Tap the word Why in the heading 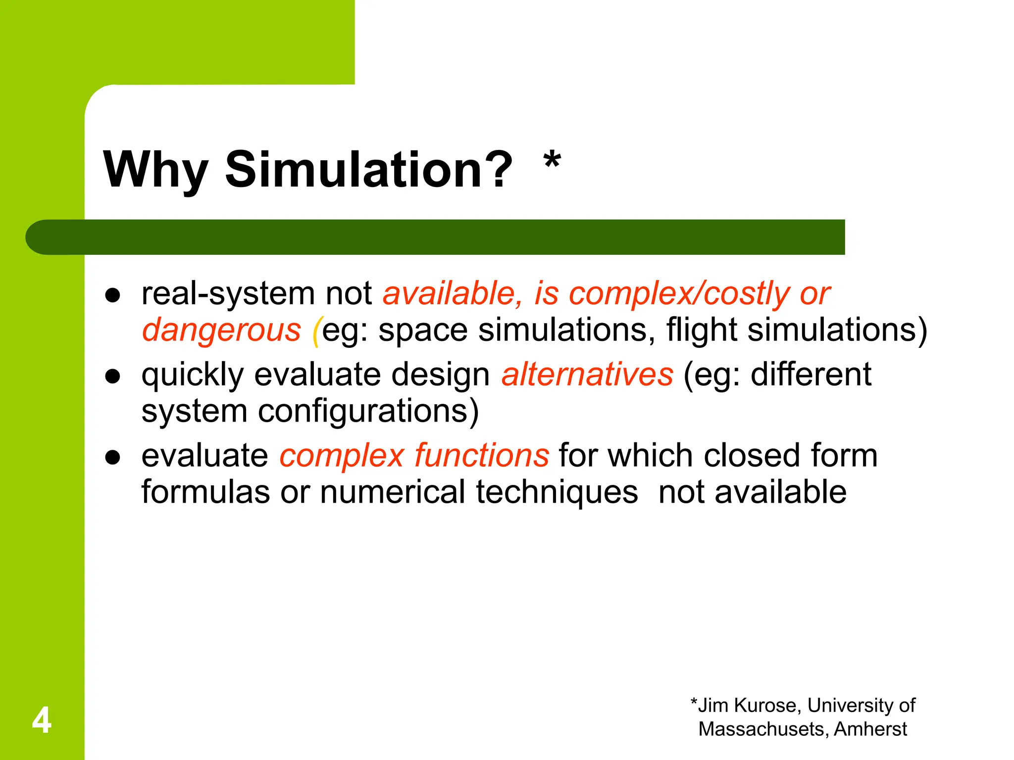(155, 170)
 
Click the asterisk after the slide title (552, 162)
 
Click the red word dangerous (221, 331)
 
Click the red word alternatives (587, 375)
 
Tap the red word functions (481, 456)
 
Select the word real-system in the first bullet (228, 294)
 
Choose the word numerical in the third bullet (393, 492)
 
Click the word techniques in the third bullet (557, 492)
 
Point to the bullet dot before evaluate (113, 457)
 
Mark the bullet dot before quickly (113, 376)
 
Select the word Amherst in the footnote (870, 729)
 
